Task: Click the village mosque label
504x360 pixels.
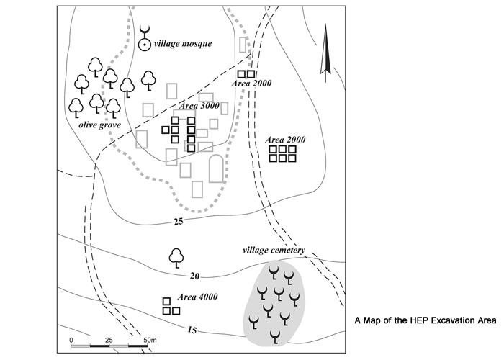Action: pos(184,44)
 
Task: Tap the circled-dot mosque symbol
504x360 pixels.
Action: pos(145,45)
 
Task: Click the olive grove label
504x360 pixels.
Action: pos(99,125)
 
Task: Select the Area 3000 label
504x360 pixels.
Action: pos(199,106)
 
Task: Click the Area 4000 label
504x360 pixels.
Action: pos(197,297)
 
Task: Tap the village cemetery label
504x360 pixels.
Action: pos(274,251)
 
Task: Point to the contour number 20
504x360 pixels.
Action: pos(194,276)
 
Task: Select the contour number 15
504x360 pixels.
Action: pos(191,330)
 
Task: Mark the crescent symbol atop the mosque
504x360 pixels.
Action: pos(145,32)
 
